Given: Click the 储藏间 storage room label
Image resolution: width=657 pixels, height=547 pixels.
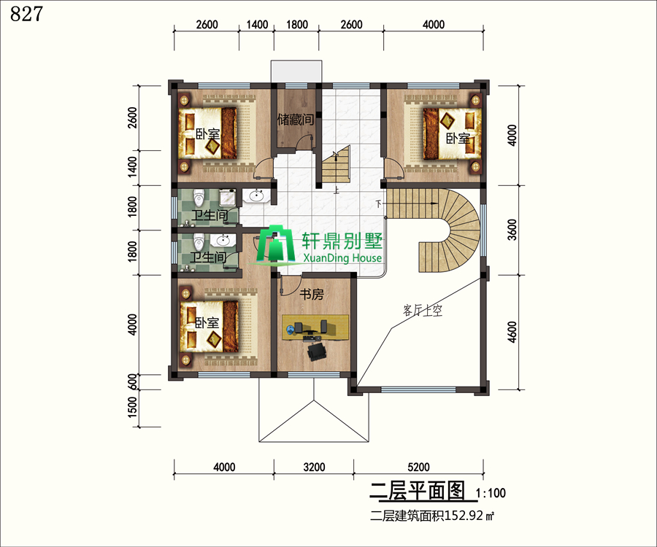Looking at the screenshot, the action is [x=296, y=120].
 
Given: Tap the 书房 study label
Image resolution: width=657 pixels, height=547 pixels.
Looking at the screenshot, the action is [x=311, y=294].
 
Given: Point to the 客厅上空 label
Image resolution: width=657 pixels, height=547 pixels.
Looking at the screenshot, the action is [x=423, y=311].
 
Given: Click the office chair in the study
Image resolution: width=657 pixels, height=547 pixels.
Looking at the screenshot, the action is [x=316, y=351].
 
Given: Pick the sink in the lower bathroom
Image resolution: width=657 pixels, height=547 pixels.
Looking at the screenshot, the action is [x=222, y=240].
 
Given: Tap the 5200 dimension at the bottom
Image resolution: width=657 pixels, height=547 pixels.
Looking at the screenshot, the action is [x=418, y=467].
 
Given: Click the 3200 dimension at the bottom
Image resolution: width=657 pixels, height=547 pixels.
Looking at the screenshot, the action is [x=314, y=467].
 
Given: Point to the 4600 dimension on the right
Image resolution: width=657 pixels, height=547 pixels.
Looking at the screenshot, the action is [x=512, y=332].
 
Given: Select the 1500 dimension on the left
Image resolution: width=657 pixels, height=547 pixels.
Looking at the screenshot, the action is [x=131, y=407].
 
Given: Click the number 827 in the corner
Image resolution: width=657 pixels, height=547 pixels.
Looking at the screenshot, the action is [x=26, y=15].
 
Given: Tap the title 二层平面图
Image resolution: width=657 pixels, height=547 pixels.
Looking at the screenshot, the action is [x=418, y=491].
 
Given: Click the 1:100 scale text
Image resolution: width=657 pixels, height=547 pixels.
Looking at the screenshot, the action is [x=491, y=493].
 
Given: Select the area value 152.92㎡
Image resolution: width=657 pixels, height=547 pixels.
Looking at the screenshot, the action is [x=469, y=516].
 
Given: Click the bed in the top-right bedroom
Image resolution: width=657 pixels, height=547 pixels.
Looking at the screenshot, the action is [x=453, y=134].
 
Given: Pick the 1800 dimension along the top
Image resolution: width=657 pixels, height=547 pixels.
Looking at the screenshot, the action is [x=296, y=25].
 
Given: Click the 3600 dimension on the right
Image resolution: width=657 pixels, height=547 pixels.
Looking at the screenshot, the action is [x=512, y=230].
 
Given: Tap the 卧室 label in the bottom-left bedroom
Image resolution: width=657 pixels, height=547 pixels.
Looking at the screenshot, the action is [x=207, y=322].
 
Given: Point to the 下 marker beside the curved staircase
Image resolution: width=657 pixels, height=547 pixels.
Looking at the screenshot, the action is [x=379, y=203].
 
